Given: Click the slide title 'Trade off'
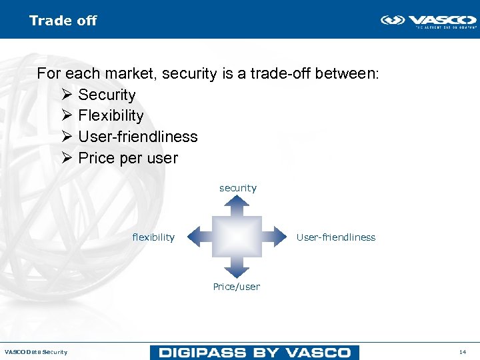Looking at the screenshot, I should (63, 21).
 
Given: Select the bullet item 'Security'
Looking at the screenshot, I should (107, 95).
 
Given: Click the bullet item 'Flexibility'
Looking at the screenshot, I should (111, 115).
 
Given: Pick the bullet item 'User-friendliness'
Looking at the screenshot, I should (138, 137).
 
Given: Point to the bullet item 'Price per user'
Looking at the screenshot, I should (128, 158).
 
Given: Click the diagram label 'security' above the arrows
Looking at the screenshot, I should (238, 188).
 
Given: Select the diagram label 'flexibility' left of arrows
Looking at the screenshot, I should (153, 237).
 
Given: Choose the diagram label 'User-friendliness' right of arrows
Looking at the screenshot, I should (336, 237).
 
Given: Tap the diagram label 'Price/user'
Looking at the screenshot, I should (237, 287).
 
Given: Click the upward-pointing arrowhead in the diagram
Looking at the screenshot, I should (237, 204).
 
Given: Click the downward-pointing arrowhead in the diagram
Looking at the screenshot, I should (237, 269).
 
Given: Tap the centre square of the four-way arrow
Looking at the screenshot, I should (237, 236).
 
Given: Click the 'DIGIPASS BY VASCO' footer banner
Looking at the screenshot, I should (255, 352).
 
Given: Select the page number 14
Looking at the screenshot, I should (463, 352).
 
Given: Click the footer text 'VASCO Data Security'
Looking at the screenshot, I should (36, 352).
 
